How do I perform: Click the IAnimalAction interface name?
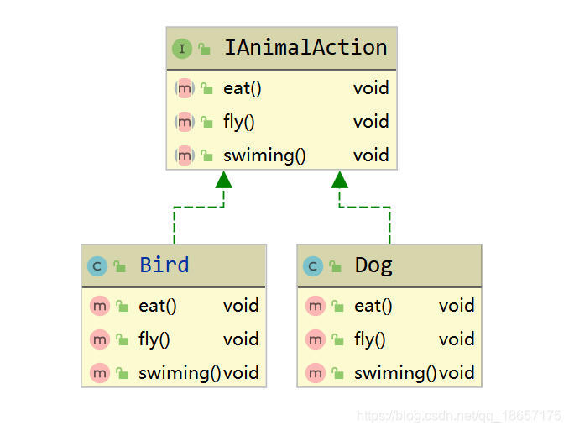coord(305,48)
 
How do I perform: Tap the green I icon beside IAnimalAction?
coord(182,49)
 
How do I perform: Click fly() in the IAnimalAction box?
coord(239,122)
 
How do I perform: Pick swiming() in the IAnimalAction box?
coord(264,155)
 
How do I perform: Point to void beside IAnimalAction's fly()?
coord(371,122)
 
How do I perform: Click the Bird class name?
coord(164,265)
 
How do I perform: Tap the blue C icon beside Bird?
coord(97,266)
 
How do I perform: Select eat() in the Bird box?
coord(158,306)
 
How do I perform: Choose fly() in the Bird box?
coord(154,339)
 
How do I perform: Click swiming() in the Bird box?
coord(179,373)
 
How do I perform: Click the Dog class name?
coord(373,265)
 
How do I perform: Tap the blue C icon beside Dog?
coord(313,266)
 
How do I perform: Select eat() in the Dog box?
coord(373,306)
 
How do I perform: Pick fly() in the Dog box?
coord(370,339)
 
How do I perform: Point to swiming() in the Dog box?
coord(394,373)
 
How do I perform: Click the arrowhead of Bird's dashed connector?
coord(223,179)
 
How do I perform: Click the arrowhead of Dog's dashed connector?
coord(340,179)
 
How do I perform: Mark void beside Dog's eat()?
coord(457,306)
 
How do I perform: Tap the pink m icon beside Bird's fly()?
coord(100,339)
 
